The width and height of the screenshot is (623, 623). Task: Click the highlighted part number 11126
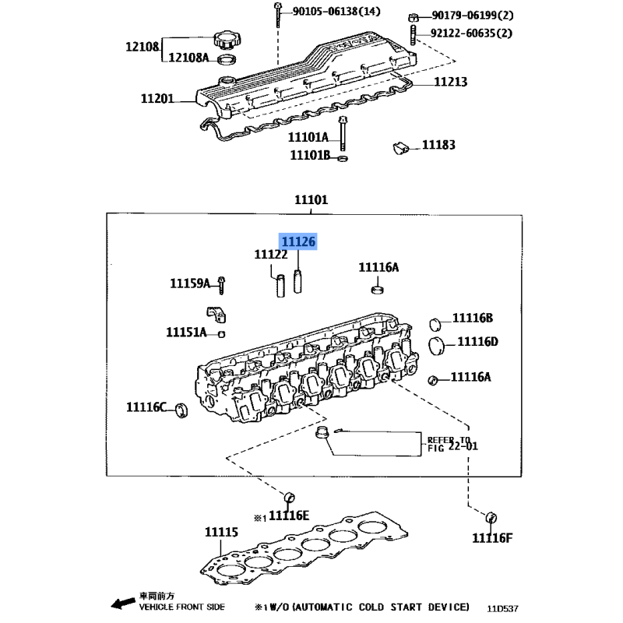tap(298, 241)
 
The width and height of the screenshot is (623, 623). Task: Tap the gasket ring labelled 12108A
tap(227, 60)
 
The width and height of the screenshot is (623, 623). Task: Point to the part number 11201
tap(157, 98)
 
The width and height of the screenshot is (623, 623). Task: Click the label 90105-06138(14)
tap(336, 11)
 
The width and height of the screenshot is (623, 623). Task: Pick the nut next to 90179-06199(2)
tap(414, 17)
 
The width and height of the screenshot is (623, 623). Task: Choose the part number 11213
tap(451, 82)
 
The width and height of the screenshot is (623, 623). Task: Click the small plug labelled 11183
tap(401, 148)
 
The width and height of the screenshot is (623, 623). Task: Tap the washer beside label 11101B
tap(343, 159)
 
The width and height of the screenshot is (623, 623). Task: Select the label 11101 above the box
tap(311, 199)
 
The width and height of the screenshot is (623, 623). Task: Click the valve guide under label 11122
tap(280, 286)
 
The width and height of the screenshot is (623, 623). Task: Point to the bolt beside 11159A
tap(222, 285)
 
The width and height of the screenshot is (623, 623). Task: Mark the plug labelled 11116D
tap(436, 346)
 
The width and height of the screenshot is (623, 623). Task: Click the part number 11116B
tap(473, 318)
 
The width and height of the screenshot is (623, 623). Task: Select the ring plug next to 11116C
tap(182, 410)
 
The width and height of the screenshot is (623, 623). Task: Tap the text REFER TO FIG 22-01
tap(452, 444)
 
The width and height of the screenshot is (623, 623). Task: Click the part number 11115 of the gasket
tap(221, 532)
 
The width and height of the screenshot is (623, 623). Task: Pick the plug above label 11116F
tap(491, 518)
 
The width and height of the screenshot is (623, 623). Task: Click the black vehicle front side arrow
tap(123, 603)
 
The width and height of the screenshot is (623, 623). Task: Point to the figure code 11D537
tap(502, 608)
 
